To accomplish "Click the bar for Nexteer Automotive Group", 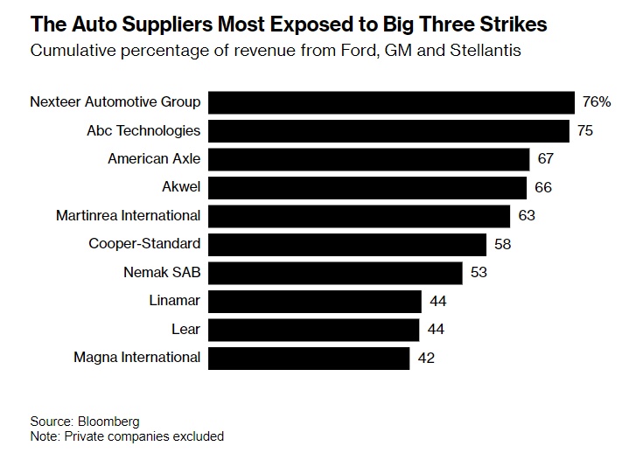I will point(392,102).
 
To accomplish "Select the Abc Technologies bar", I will point(390,130).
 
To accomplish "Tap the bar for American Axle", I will point(369,159).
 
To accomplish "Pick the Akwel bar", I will point(367,187).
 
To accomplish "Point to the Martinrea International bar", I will point(360,215).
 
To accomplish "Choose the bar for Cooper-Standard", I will point(347,244).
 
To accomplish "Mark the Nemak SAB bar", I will point(335,272).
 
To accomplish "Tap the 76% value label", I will point(596,102).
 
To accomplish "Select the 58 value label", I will point(502,244).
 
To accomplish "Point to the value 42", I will point(425,357).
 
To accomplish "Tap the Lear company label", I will point(185,329).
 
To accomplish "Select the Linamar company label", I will point(175,301).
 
